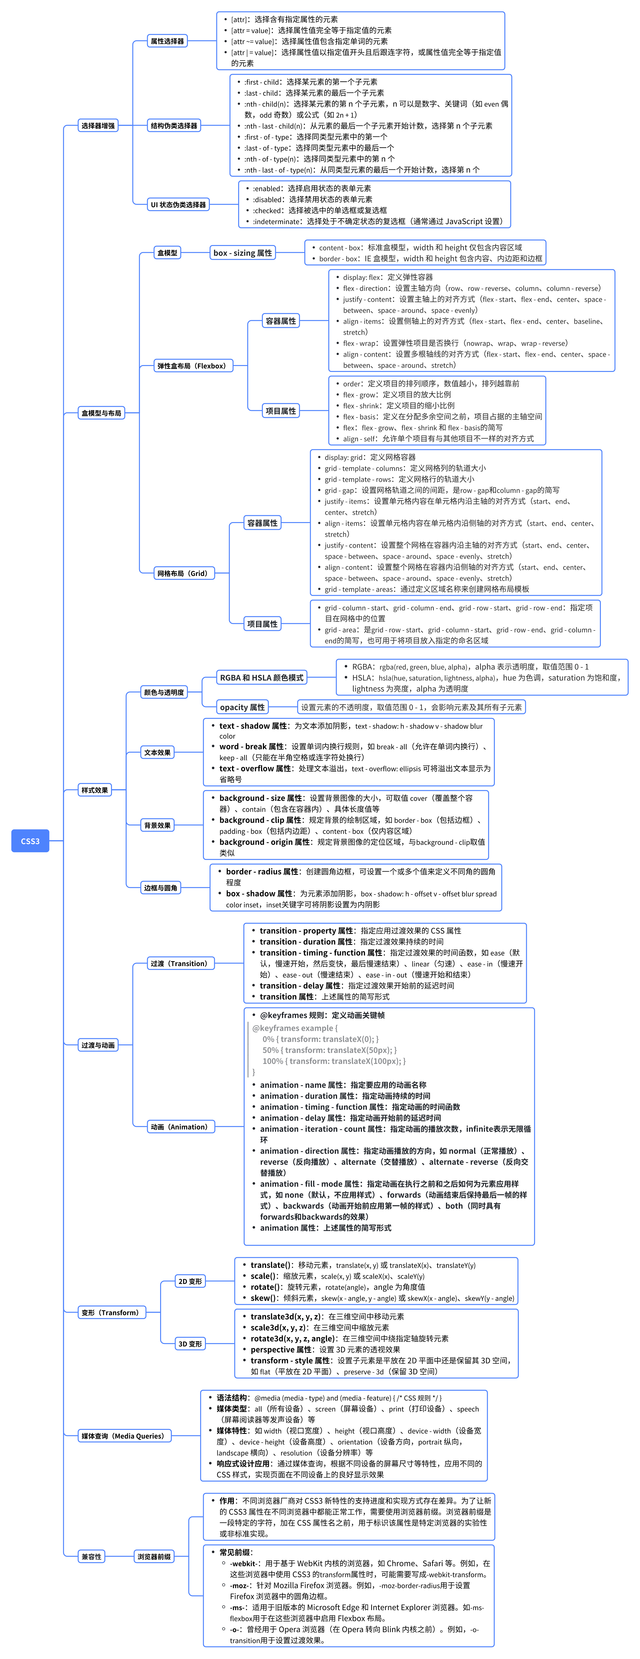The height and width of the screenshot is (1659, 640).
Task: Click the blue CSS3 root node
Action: tap(30, 841)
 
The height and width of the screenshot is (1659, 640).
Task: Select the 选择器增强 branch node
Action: tap(98, 125)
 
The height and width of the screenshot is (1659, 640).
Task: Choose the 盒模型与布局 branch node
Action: tap(101, 413)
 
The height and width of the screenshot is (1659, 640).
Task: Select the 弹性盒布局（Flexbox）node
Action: tap(192, 366)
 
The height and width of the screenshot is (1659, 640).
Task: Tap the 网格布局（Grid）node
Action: tap(182, 573)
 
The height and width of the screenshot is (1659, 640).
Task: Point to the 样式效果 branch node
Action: tap(95, 790)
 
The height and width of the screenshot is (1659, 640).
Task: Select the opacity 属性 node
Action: tap(242, 707)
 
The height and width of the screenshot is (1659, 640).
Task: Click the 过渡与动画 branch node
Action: tap(98, 1045)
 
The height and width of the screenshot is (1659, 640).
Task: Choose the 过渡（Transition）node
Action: tap(179, 964)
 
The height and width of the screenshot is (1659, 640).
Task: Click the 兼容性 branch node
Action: tap(91, 1557)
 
